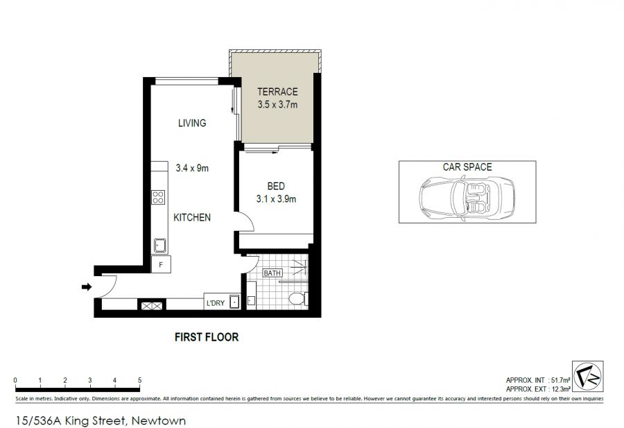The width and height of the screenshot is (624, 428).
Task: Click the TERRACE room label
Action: (x=277, y=92)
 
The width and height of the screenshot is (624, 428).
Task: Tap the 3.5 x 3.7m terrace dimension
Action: (x=277, y=105)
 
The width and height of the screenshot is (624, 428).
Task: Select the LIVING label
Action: (x=192, y=123)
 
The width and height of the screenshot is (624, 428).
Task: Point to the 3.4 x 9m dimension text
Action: (x=192, y=168)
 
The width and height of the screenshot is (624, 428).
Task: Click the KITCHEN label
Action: (x=192, y=217)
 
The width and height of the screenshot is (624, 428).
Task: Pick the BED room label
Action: (x=276, y=186)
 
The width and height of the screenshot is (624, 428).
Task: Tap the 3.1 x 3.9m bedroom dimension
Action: (x=276, y=198)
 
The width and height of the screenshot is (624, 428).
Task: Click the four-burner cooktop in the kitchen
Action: (x=158, y=198)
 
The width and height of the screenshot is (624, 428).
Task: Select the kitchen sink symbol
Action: (x=160, y=246)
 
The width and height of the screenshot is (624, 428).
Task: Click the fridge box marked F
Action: (x=161, y=264)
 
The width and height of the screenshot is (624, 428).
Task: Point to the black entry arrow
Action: (x=87, y=286)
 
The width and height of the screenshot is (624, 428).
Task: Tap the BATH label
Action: (x=272, y=273)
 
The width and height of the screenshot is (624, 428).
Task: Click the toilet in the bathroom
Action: (x=298, y=298)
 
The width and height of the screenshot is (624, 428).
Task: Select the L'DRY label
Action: (x=216, y=303)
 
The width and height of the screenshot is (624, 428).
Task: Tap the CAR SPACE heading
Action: (x=467, y=166)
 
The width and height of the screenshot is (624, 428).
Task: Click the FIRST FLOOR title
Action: (x=207, y=337)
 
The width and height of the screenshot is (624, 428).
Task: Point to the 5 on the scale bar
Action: (x=139, y=380)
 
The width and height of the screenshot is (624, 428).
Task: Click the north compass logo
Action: (x=588, y=376)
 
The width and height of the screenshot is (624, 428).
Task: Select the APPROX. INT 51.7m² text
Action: (x=539, y=380)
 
